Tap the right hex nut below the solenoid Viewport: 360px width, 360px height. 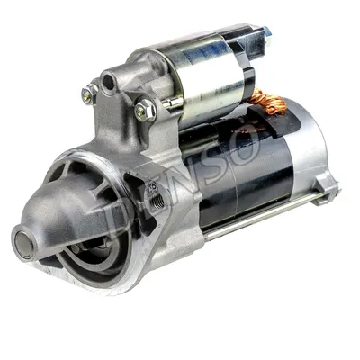[x=145, y=111]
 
